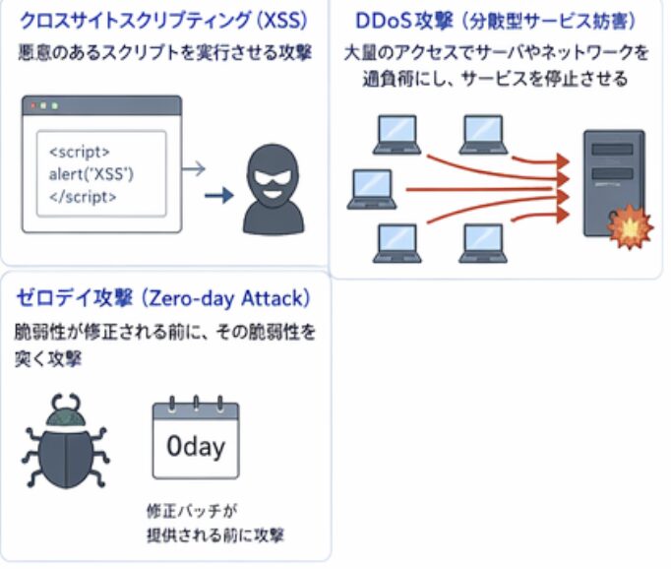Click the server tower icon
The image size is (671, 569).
(612, 183)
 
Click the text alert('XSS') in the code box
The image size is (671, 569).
(91, 174)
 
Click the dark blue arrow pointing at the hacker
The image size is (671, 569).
(218, 195)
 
